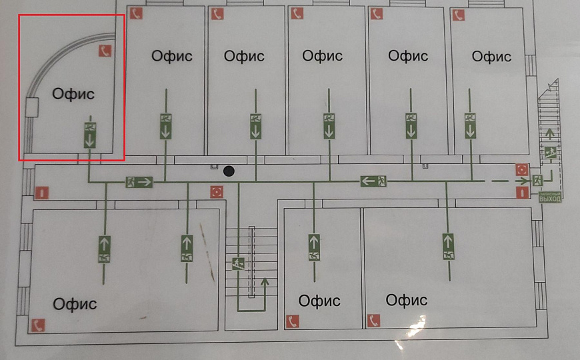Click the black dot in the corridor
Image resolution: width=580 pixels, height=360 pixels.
(x=229, y=171)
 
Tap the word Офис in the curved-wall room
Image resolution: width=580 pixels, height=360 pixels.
(x=73, y=94)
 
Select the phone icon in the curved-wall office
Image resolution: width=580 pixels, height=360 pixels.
(x=105, y=51)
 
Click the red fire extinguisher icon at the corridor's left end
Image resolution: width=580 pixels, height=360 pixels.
(x=41, y=193)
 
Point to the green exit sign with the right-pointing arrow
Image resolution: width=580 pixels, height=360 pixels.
(x=139, y=181)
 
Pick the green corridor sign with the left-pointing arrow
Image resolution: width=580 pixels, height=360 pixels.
(x=374, y=181)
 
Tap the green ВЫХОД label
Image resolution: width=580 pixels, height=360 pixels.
(x=550, y=198)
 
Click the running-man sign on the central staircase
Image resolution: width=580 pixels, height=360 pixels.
(x=238, y=263)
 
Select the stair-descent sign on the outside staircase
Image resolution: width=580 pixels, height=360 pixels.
(x=550, y=152)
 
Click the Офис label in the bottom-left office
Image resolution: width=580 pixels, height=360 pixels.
(x=75, y=304)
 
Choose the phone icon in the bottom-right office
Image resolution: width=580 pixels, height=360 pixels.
(x=373, y=321)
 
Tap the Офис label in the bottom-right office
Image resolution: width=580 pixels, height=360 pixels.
(x=407, y=300)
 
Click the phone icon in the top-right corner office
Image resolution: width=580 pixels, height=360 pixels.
(x=457, y=15)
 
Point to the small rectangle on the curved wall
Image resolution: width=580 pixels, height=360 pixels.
(x=31, y=107)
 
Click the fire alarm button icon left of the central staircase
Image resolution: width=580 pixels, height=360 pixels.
(x=216, y=192)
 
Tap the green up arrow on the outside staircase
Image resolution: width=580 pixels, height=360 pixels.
(x=549, y=133)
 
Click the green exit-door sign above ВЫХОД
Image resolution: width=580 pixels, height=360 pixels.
(x=537, y=180)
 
